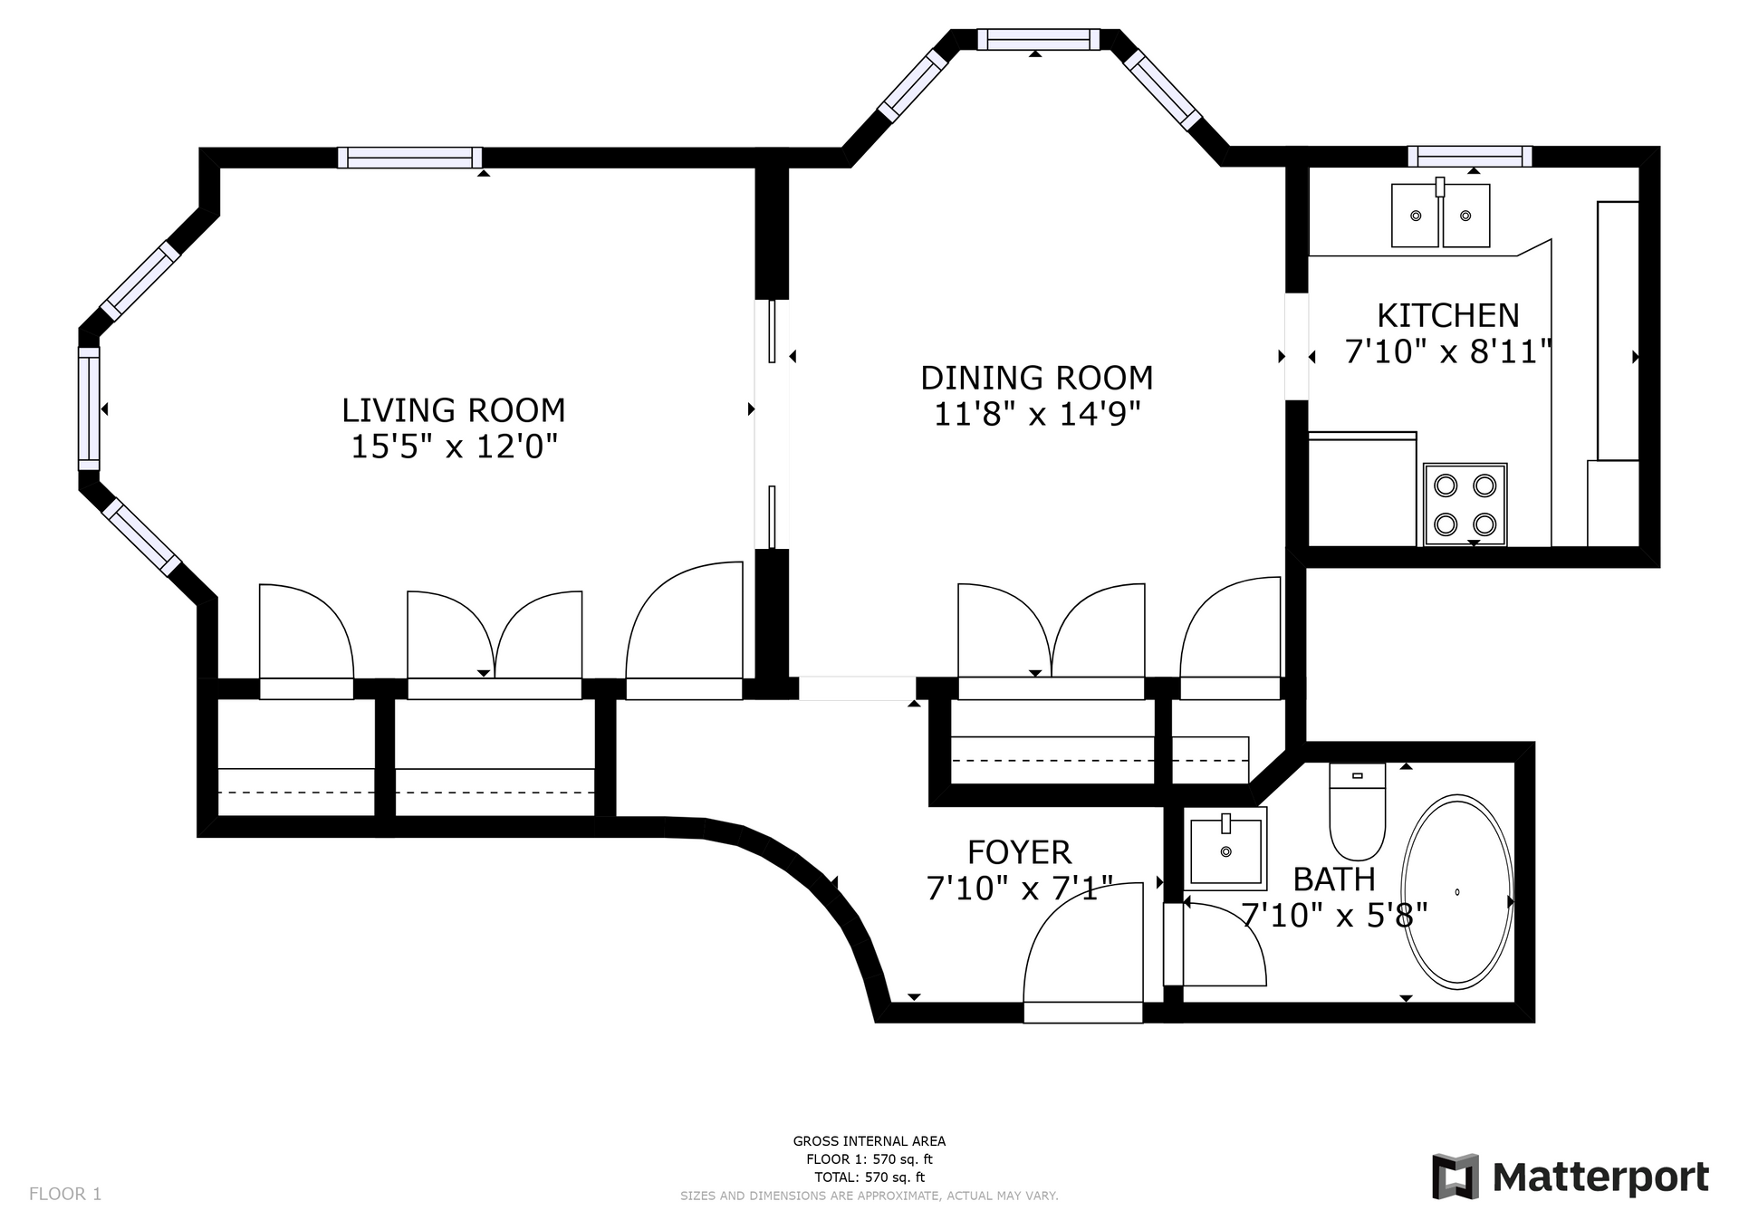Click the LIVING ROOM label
[x=453, y=411]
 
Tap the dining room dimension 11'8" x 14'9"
[x=1036, y=415]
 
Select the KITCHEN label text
[x=1447, y=316]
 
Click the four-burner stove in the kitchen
[x=1465, y=504]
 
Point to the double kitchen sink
[x=1440, y=216]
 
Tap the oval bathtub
[x=1456, y=891]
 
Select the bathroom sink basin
[x=1225, y=850]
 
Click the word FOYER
[x=1019, y=853]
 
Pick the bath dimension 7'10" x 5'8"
[x=1333, y=916]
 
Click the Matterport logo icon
[x=1455, y=1177]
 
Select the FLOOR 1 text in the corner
[x=65, y=1194]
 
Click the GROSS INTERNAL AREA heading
[x=869, y=1141]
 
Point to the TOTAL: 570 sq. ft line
[x=869, y=1177]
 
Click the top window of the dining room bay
[x=1037, y=39]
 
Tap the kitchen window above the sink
[x=1469, y=157]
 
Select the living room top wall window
[x=409, y=158]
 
